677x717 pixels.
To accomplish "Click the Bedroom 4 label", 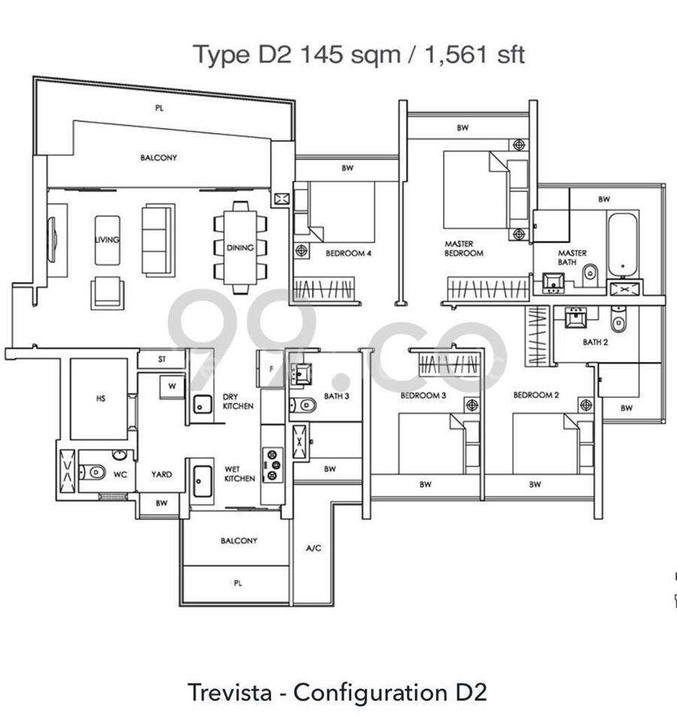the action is (348, 253).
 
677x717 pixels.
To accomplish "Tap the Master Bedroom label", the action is (463, 248).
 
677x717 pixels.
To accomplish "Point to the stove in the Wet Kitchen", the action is (272, 465).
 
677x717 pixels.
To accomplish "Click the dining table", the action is (241, 248).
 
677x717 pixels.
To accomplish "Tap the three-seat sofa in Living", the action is (158, 240).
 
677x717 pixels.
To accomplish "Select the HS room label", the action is (101, 398).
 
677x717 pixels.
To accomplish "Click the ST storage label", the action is (162, 360).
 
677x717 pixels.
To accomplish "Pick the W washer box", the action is (172, 387).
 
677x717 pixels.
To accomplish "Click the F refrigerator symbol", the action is (271, 369).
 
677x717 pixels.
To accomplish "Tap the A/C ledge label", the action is (314, 548).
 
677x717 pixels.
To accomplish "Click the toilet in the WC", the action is (93, 472).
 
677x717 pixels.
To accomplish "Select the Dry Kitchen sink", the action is (202, 404).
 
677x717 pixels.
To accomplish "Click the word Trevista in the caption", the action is (229, 692).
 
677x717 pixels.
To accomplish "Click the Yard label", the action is (162, 474).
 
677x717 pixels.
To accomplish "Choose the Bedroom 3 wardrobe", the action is (449, 364).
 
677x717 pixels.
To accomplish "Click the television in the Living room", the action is (52, 239).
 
